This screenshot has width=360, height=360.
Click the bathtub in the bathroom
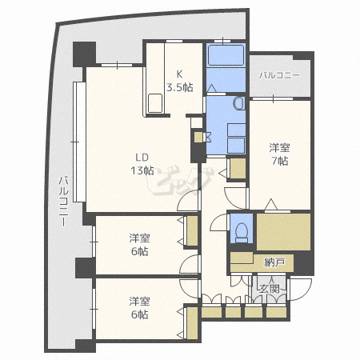226,55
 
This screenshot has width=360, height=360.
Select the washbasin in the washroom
239,103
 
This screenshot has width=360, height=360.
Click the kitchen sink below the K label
155,103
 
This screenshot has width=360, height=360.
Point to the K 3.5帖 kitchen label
180,81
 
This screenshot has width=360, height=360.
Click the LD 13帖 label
142,164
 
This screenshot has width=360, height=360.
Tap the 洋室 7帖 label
279,154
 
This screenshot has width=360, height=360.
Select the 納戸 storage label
274,262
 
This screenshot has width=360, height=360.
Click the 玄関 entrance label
270,289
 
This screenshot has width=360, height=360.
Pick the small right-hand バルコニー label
279,75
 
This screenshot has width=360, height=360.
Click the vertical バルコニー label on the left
63,202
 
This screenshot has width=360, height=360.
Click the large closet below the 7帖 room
284,232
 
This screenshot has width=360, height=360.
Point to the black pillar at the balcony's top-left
84,54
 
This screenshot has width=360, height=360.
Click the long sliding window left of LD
79,142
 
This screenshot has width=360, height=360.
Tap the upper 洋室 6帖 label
139,245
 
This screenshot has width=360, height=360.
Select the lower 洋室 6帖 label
139,308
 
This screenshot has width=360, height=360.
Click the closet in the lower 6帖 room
192,323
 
